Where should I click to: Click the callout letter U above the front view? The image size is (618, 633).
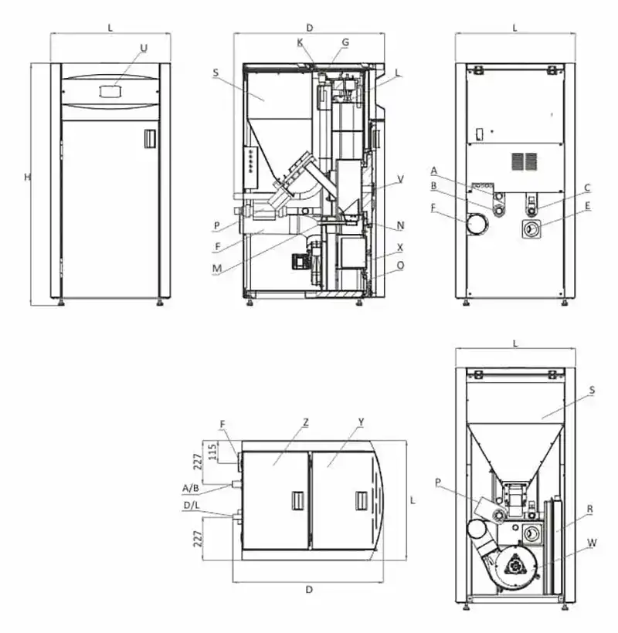(144, 48)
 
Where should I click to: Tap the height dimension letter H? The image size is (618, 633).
(27, 178)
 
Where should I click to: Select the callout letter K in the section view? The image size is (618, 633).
(300, 42)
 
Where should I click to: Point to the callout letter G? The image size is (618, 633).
(345, 42)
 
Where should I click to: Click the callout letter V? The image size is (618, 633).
(400, 179)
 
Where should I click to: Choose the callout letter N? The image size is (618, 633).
(400, 225)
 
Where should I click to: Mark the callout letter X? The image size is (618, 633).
(400, 248)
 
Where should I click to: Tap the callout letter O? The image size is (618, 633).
(400, 266)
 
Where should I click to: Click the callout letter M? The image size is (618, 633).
(217, 269)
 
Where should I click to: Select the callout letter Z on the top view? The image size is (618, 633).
(306, 423)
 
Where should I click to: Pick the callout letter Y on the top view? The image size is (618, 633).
(361, 422)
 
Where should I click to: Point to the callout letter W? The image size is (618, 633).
(591, 543)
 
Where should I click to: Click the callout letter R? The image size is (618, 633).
(589, 509)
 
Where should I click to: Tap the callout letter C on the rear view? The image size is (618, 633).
(587, 188)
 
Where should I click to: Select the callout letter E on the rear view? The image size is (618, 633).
(588, 206)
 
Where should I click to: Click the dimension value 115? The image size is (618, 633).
(212, 452)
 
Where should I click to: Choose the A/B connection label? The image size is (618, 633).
(191, 489)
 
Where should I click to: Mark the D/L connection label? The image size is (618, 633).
(192, 506)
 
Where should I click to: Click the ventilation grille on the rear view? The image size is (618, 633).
(525, 161)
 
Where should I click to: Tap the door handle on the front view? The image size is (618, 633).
(150, 138)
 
